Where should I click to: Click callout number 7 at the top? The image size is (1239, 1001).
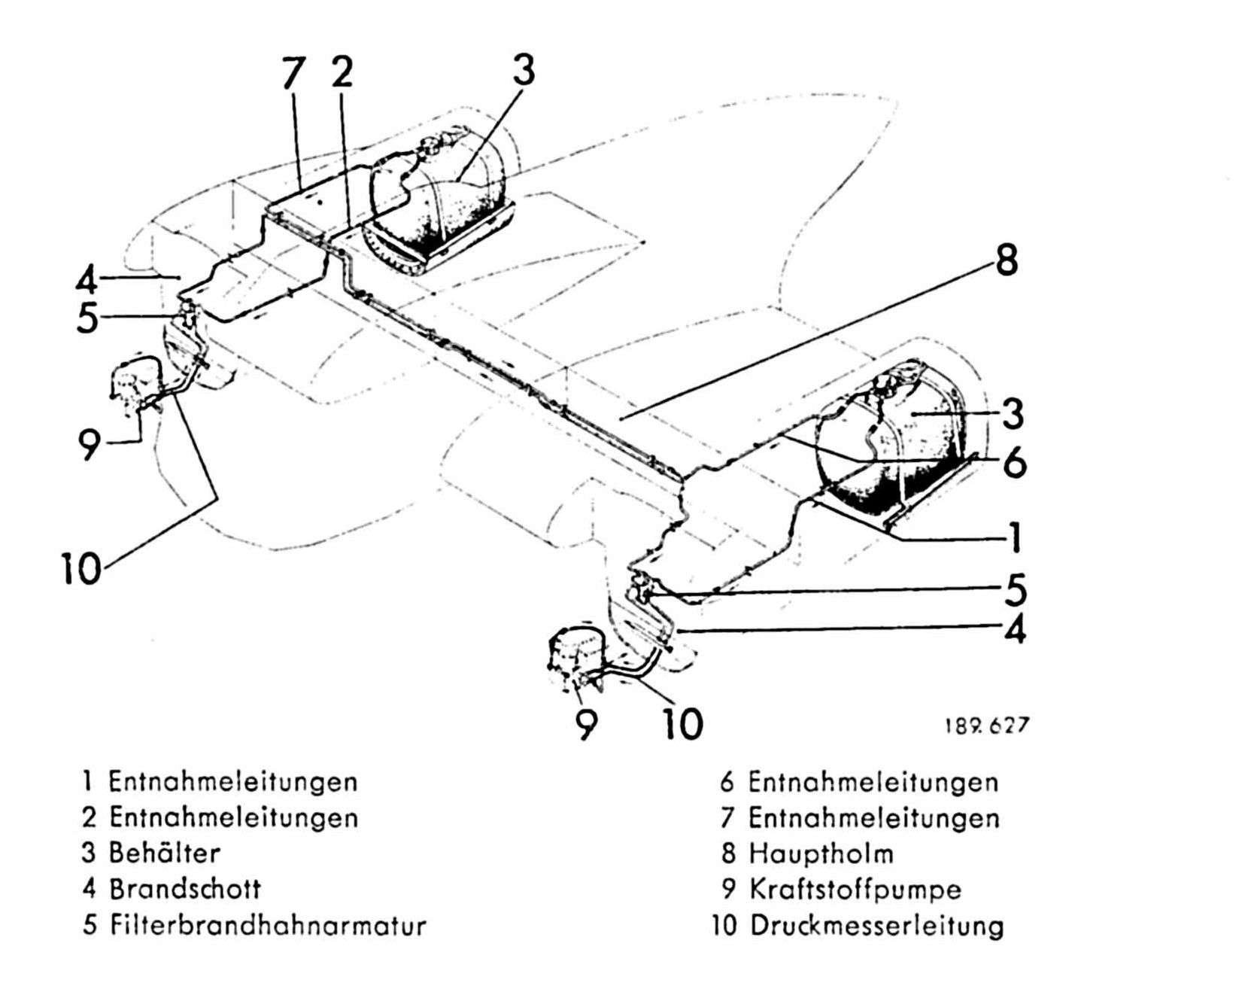pyautogui.click(x=293, y=73)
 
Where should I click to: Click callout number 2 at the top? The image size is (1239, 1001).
pyautogui.click(x=342, y=72)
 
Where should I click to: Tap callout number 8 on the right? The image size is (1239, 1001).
pyautogui.click(x=1007, y=260)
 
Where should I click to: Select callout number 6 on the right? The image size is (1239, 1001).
pyautogui.click(x=1015, y=461)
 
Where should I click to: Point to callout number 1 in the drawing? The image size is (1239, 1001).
pyautogui.click(x=1015, y=536)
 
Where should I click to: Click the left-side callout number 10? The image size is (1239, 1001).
pyautogui.click(x=80, y=567)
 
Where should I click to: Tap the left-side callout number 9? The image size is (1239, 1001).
pyautogui.click(x=89, y=445)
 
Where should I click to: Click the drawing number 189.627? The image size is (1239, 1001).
pyautogui.click(x=985, y=726)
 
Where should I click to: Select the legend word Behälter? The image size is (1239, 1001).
pyautogui.click(x=165, y=853)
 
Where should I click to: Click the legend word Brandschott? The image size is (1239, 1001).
pyautogui.click(x=185, y=889)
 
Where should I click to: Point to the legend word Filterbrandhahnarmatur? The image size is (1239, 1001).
pyautogui.click(x=268, y=925)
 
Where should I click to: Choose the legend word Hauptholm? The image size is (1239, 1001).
pyautogui.click(x=821, y=853)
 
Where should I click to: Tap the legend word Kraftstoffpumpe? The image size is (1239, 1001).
pyautogui.click(x=855, y=890)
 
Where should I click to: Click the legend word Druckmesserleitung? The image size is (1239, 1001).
pyautogui.click(x=876, y=926)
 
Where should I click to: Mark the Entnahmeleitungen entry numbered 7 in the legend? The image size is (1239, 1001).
pyautogui.click(x=873, y=818)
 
